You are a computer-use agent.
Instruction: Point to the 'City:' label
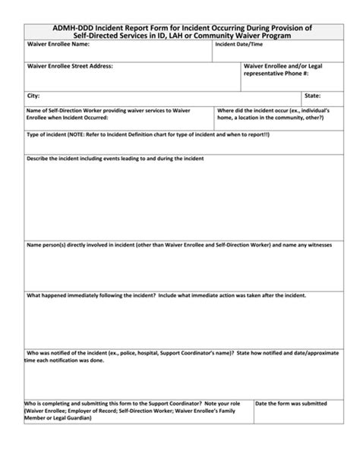click(33, 96)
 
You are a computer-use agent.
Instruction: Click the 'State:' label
click(312, 96)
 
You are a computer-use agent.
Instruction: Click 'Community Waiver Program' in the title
click(271, 36)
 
